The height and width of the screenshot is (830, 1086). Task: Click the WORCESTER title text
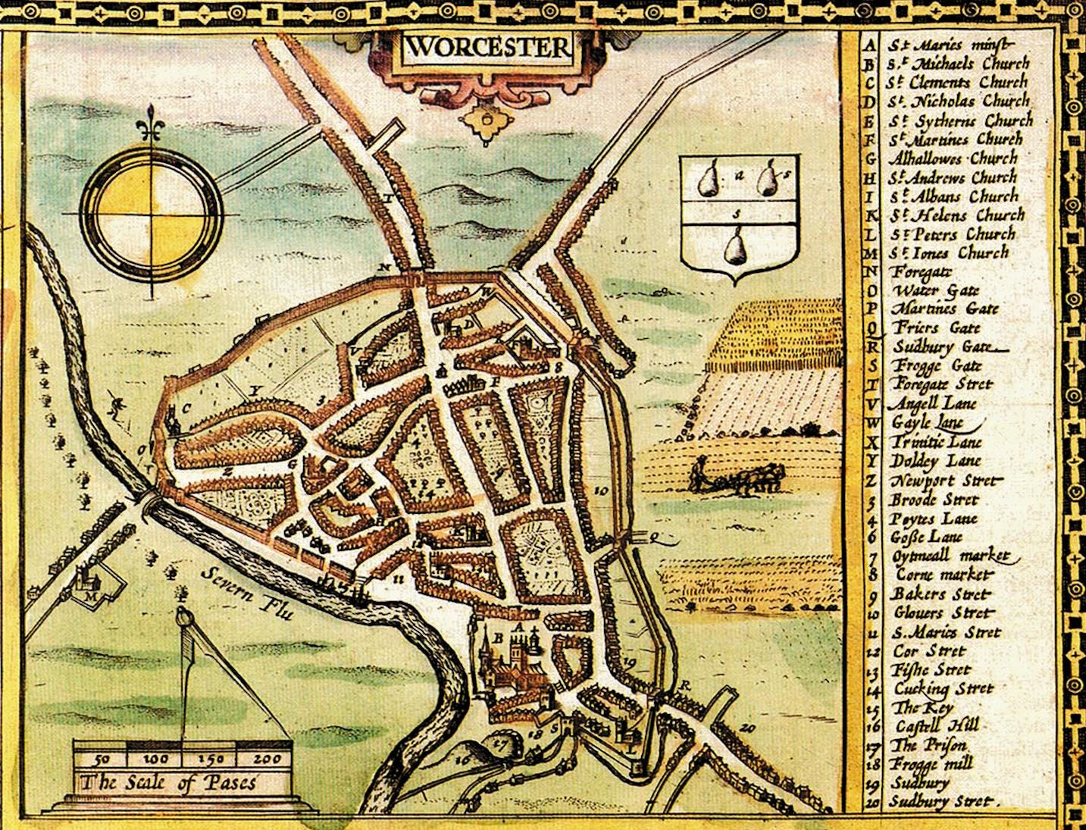(487, 48)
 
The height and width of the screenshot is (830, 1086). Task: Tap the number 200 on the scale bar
(266, 758)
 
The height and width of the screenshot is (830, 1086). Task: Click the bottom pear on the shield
(734, 248)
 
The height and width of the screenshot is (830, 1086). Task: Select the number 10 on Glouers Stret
(602, 491)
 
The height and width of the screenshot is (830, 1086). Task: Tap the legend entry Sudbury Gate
(941, 347)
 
